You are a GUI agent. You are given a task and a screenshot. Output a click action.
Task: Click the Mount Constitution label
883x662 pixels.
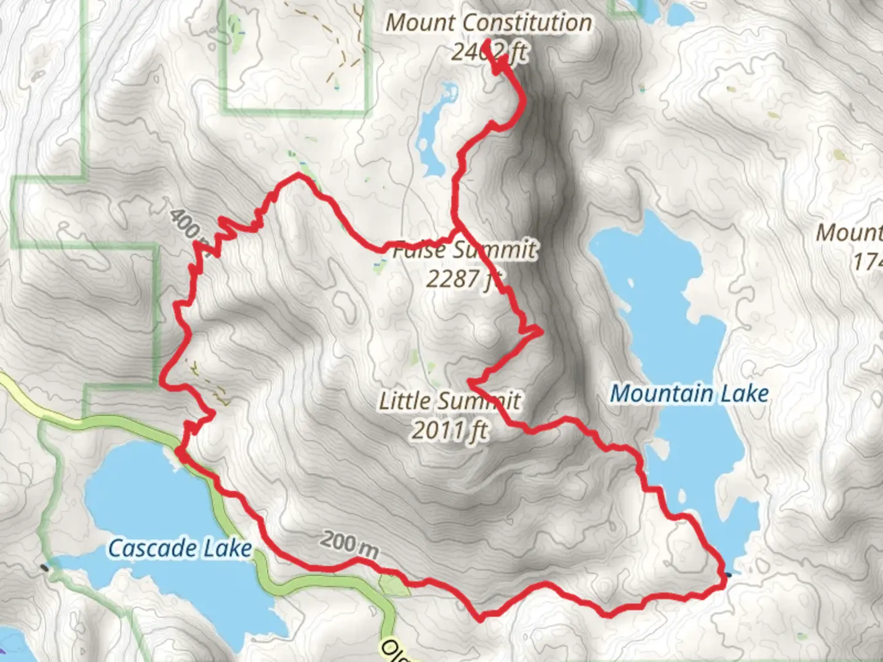tap(489, 23)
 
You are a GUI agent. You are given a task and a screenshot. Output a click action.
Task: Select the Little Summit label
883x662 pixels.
tap(449, 401)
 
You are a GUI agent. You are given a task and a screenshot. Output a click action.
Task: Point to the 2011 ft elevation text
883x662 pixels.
tap(449, 430)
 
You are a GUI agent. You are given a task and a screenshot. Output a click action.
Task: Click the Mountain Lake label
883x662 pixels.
tap(689, 394)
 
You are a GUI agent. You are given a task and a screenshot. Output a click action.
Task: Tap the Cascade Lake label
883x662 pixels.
tap(180, 548)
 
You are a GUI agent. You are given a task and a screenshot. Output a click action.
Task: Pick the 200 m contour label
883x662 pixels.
tap(349, 545)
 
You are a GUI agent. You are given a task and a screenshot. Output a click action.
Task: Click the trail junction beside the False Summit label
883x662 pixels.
tap(457, 229)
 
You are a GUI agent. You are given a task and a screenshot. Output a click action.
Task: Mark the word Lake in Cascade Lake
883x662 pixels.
tap(226, 548)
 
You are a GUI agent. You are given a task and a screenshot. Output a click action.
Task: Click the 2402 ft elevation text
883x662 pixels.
tap(489, 51)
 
